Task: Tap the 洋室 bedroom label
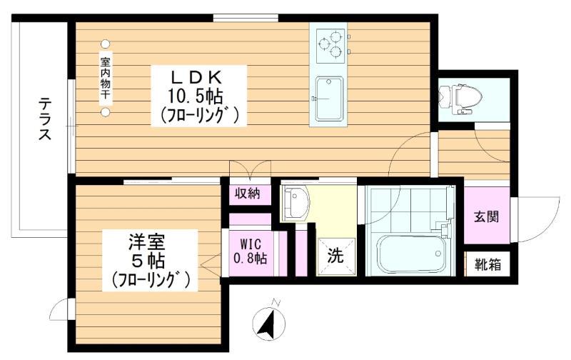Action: (x=147, y=241)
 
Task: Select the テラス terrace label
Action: (x=45, y=119)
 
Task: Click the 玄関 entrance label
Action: (x=486, y=217)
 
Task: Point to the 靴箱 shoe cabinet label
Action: (x=487, y=264)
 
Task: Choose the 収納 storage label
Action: (x=248, y=194)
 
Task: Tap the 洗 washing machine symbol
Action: (x=335, y=256)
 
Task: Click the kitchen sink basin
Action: (x=329, y=99)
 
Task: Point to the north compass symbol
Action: (x=269, y=320)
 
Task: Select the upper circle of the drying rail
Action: (x=105, y=44)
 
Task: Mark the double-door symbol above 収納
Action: (x=250, y=171)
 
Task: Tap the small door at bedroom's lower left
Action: (x=61, y=309)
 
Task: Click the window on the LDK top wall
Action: (x=246, y=17)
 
